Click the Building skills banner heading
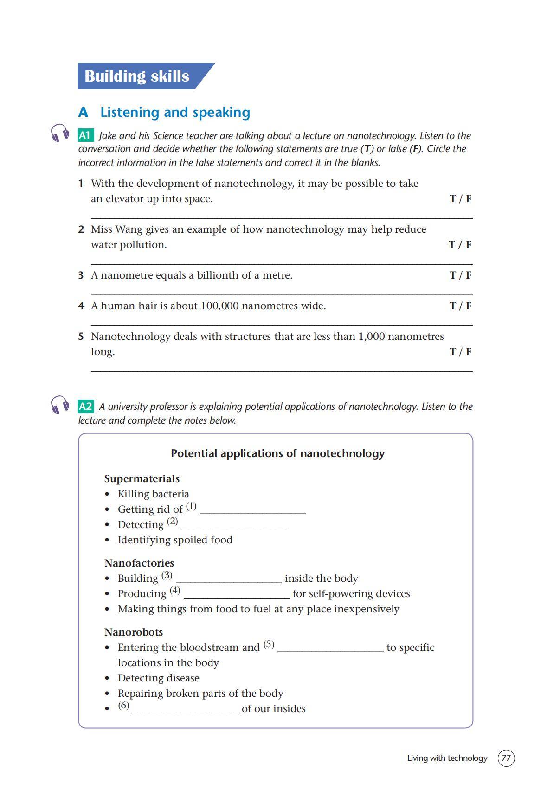point(137,76)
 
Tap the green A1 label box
point(85,135)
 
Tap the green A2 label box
point(86,407)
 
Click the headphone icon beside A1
point(60,133)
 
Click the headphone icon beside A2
point(60,405)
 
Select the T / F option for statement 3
point(460,275)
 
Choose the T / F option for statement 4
point(460,306)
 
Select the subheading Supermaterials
point(142,479)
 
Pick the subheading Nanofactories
point(139,563)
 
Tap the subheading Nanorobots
point(133,632)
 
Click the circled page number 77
point(506,758)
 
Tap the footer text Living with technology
point(447,758)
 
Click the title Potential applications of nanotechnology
point(277,453)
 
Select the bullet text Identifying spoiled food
point(175,540)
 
